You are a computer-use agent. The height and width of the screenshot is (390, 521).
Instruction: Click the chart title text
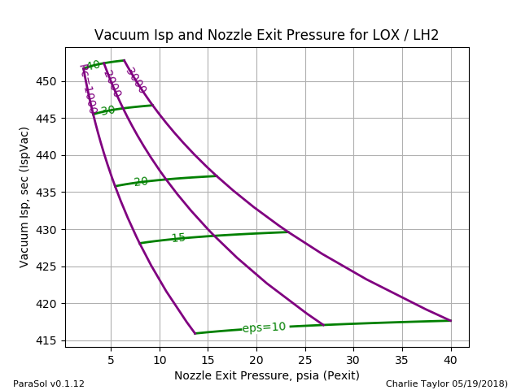point(266,35)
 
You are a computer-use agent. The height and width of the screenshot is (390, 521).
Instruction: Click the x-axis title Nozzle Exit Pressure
point(266,375)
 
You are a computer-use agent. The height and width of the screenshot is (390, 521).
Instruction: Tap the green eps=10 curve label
point(264,327)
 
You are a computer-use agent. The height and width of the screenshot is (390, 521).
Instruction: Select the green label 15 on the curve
point(178,238)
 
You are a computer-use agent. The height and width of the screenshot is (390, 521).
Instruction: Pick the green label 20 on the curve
point(141,182)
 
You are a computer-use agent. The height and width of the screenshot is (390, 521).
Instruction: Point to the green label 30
point(108,110)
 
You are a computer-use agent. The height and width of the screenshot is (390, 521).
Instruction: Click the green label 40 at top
point(93,65)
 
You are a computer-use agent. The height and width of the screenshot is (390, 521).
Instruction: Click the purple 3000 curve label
point(136,80)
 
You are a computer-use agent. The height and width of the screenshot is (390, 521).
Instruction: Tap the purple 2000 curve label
point(112,83)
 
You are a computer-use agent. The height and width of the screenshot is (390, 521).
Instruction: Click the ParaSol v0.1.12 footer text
point(49,383)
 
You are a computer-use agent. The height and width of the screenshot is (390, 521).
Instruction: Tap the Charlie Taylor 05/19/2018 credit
point(446,383)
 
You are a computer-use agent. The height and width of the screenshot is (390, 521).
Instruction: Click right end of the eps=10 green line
point(451,320)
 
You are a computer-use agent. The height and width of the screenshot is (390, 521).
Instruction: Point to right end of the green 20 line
point(217,175)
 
